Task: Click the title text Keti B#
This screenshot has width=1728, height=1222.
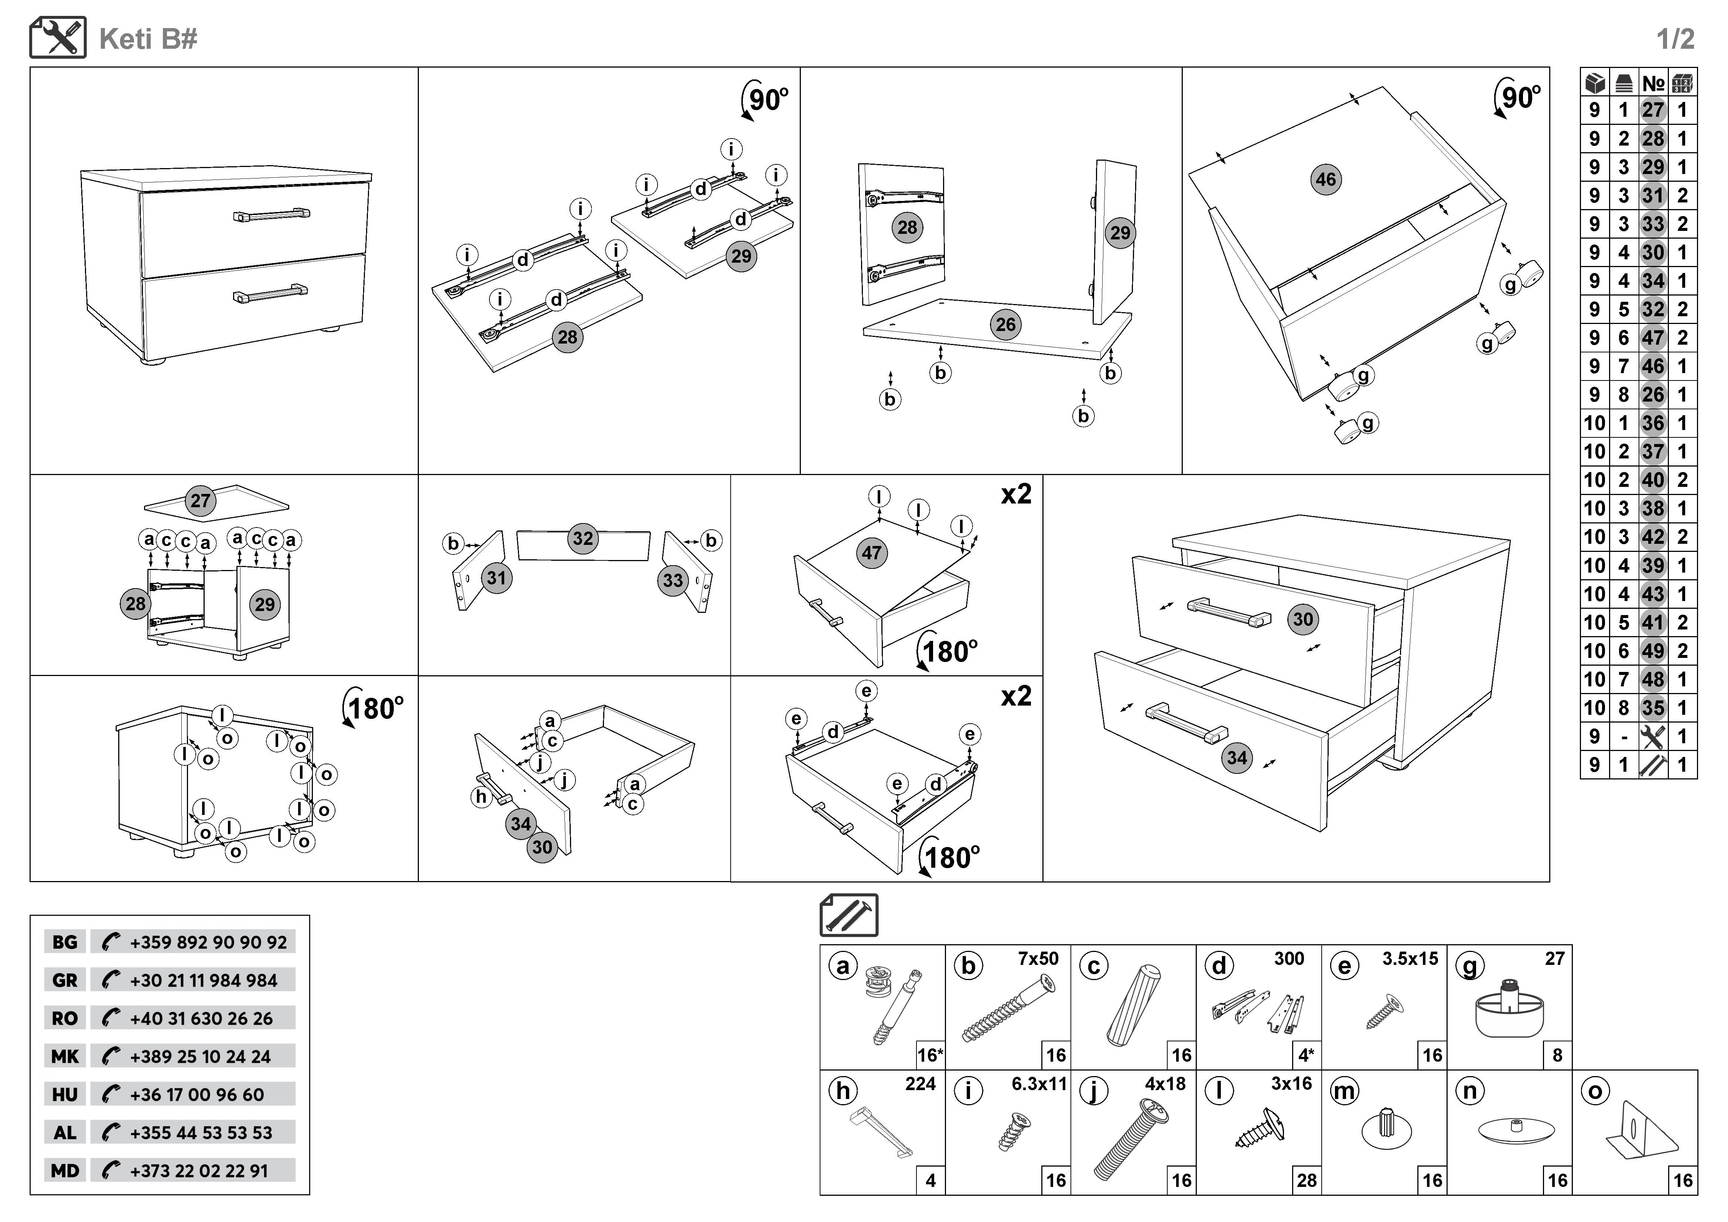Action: coord(148,39)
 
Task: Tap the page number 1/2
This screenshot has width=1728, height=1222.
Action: coord(1675,39)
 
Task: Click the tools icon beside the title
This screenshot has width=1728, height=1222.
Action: coord(58,38)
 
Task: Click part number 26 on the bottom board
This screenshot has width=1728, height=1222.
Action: coord(1005,324)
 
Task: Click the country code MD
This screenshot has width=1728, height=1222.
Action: coord(65,1171)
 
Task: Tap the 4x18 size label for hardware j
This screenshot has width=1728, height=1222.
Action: coord(1165,1083)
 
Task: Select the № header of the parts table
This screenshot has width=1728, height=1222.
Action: coord(1653,83)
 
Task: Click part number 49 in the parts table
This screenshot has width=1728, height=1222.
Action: coord(1653,651)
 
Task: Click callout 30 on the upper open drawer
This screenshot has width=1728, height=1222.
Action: coord(1303,619)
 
